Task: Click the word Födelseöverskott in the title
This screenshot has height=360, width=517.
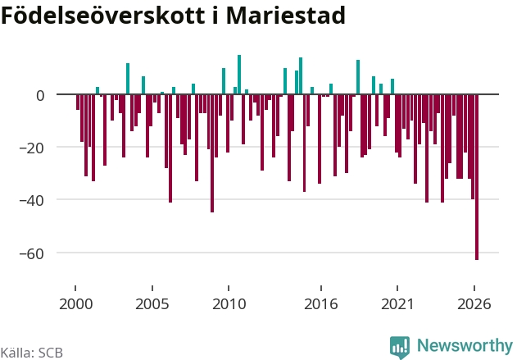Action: [x=103, y=15]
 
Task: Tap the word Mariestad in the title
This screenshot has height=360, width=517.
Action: [x=285, y=15]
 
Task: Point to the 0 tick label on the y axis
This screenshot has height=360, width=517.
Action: [x=40, y=96]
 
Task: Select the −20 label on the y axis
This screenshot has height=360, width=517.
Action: [x=32, y=148]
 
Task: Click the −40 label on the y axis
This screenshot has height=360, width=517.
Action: [x=32, y=201]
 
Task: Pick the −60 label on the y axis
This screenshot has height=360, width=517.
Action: [x=32, y=253]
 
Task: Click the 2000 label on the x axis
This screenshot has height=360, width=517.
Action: [x=76, y=304]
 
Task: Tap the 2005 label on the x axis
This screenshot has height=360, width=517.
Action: [x=152, y=304]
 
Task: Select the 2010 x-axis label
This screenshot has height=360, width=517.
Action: [x=229, y=304]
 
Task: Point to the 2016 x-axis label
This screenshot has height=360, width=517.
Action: [x=321, y=304]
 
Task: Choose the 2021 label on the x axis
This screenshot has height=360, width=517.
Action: [x=397, y=304]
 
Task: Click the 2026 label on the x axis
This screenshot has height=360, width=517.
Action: [x=474, y=304]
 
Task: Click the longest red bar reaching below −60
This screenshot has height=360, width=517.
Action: [x=477, y=177]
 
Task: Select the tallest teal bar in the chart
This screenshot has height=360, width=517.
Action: [x=239, y=75]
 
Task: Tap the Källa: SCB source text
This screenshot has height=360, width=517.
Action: [x=31, y=353]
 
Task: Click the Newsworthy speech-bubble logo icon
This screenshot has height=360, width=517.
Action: [x=400, y=348]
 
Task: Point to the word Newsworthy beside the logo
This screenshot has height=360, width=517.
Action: [x=465, y=345]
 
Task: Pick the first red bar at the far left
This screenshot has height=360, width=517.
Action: [x=78, y=102]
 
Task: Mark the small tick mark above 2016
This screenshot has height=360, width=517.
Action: [x=321, y=288]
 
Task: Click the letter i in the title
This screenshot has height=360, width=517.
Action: [x=215, y=15]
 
